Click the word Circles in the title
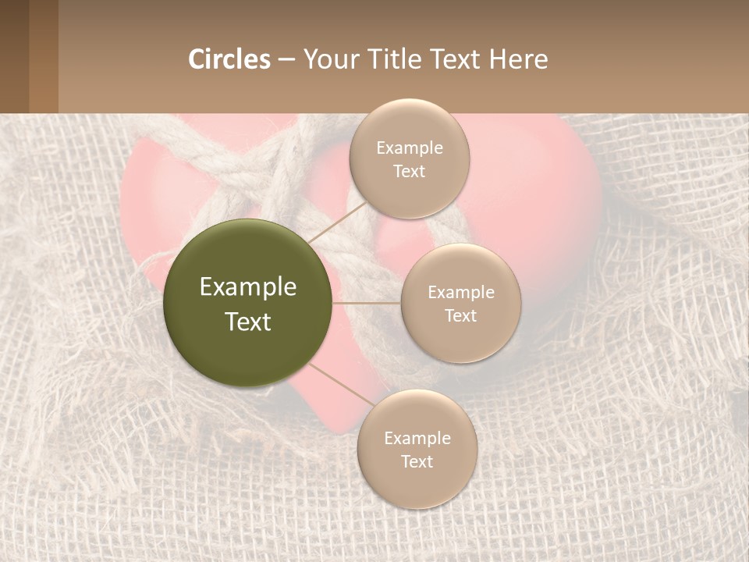click(229, 59)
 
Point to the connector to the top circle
click(335, 222)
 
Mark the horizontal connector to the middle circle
click(367, 303)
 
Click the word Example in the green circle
click(247, 287)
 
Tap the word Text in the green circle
click(247, 322)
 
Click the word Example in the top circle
click(409, 148)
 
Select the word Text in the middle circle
click(460, 315)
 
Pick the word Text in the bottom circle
click(417, 461)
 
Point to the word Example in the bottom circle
click(417, 439)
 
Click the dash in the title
click(286, 59)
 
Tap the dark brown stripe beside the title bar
click(14, 56)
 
